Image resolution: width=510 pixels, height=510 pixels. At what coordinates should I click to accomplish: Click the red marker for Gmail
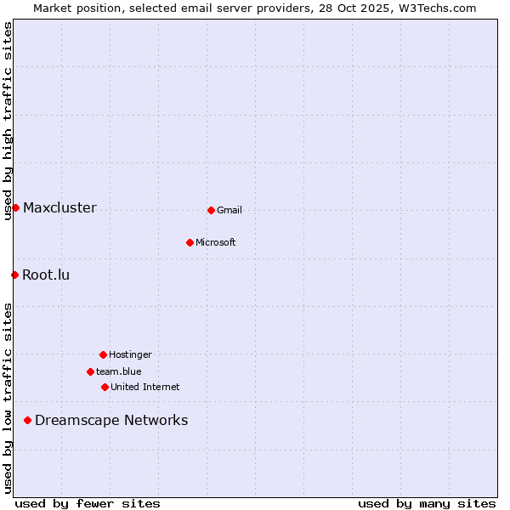coord(211,210)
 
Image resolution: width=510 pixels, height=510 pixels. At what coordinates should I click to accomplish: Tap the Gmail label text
coord(229,211)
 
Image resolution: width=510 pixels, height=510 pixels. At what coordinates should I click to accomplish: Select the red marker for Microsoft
coord(190,242)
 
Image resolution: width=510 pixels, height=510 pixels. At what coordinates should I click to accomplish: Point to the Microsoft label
coord(215,243)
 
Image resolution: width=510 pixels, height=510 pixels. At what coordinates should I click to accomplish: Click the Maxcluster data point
coord(15,207)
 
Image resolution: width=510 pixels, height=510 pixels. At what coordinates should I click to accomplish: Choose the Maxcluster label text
coord(59,208)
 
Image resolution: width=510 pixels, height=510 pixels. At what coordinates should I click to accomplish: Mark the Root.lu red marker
coord(14,275)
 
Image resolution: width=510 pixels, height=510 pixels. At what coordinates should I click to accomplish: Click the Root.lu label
coord(46,275)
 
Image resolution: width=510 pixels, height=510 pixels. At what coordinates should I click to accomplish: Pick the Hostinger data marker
coord(103,354)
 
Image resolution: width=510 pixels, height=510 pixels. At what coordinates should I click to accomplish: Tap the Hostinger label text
coord(130,355)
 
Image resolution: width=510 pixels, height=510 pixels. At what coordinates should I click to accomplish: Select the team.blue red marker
coord(90,371)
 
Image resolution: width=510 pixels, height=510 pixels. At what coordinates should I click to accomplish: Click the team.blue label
coord(119,372)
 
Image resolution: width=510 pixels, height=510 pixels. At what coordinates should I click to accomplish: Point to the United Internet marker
coord(105,387)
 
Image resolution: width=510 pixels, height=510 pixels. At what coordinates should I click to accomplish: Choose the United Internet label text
coord(144,388)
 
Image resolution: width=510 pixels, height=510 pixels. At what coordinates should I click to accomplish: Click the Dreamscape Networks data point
coord(27,420)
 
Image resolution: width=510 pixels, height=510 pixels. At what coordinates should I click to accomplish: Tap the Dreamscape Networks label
coord(111,421)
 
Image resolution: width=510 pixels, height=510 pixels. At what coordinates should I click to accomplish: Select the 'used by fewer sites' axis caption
coord(88,503)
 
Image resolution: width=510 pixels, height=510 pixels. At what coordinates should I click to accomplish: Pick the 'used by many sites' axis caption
coord(427,503)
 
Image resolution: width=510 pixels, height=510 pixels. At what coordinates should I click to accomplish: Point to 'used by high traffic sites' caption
coord(8,121)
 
